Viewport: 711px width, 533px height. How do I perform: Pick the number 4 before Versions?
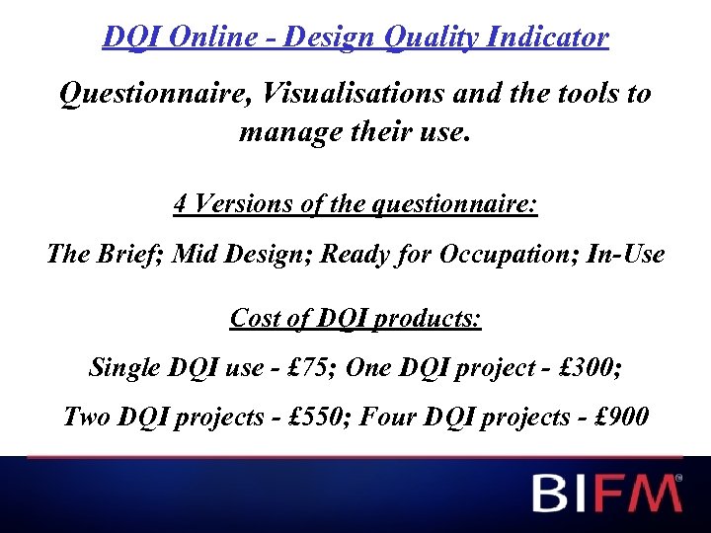click(x=180, y=204)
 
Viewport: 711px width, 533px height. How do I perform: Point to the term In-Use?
click(x=625, y=254)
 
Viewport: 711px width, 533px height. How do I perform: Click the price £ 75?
click(x=312, y=368)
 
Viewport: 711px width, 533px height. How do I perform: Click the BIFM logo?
click(x=607, y=493)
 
